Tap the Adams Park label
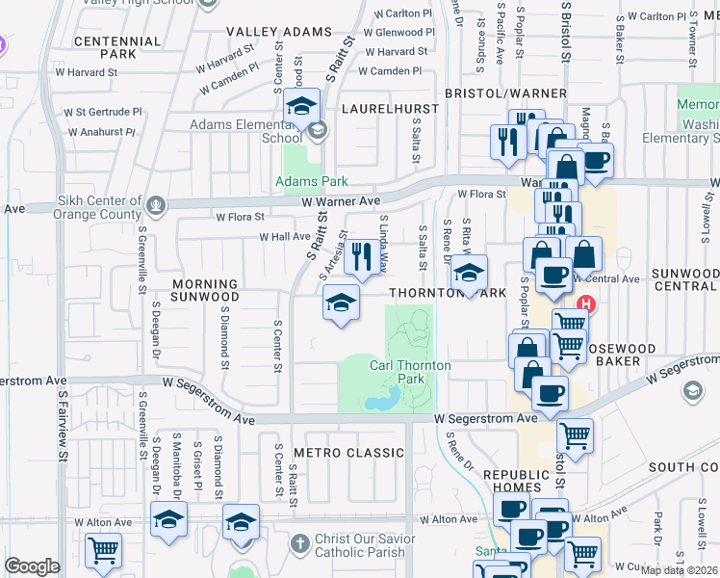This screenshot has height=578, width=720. [x=312, y=181]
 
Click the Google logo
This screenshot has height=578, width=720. [x=32, y=566]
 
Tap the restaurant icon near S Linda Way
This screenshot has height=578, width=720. [x=362, y=256]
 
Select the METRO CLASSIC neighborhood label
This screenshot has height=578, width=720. [x=348, y=453]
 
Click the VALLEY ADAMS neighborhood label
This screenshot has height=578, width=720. [x=265, y=32]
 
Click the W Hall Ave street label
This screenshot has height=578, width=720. [x=284, y=236]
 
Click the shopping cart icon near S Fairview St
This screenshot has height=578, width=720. [x=103, y=550]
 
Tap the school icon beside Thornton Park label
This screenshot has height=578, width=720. [x=470, y=273]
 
